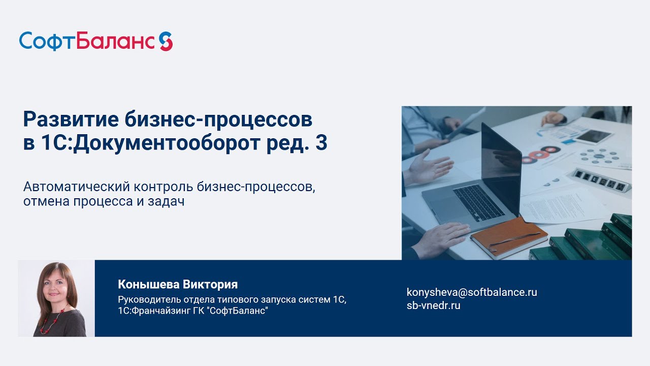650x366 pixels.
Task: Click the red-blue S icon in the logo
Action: click(166, 41)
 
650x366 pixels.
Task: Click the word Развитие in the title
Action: click(71, 119)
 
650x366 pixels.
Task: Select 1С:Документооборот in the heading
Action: click(151, 143)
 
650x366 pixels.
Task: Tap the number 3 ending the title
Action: click(321, 143)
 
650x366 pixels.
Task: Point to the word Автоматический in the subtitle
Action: click(77, 187)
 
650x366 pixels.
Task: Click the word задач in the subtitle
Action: click(166, 201)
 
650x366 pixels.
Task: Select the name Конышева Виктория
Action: click(178, 284)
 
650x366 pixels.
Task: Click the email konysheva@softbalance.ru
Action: click(472, 292)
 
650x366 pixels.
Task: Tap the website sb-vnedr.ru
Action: click(434, 306)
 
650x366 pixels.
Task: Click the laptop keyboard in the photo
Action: click(478, 202)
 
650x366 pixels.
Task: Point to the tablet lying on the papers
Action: click(594, 137)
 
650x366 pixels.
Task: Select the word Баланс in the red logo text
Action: click(115, 41)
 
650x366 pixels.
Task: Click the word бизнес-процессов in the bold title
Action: click(218, 119)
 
